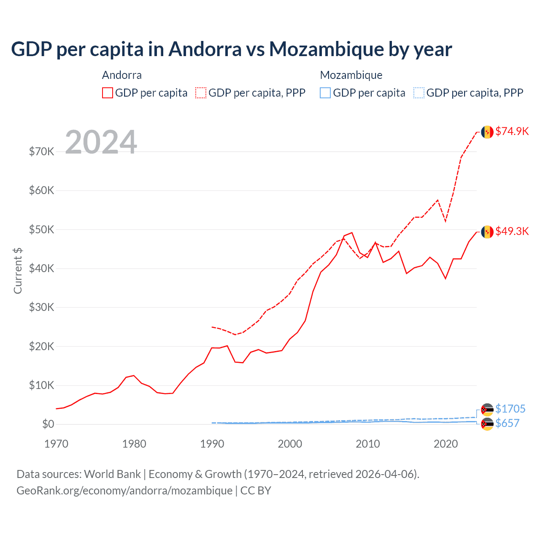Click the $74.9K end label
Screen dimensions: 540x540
click(512, 131)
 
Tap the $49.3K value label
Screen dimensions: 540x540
click(512, 231)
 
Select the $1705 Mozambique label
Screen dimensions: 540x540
click(510, 409)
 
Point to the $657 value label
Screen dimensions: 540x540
click(507, 423)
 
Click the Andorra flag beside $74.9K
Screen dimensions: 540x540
click(487, 132)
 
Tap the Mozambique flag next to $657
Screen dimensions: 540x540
click(487, 424)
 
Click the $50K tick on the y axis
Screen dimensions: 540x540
click(41, 229)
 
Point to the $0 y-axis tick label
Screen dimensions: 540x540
click(48, 424)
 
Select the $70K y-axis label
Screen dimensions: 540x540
click(41, 151)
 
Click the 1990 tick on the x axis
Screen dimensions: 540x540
click(212, 444)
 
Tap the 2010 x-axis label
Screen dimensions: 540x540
click(367, 444)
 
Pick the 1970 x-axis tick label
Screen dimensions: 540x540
click(56, 444)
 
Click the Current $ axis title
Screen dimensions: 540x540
click(18, 270)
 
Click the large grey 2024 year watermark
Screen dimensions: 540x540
click(101, 142)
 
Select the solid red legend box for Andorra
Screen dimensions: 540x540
click(108, 93)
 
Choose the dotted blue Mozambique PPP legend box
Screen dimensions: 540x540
click(419, 93)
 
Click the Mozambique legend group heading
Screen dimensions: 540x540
click(351, 75)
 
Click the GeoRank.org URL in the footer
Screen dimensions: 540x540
click(124, 491)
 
